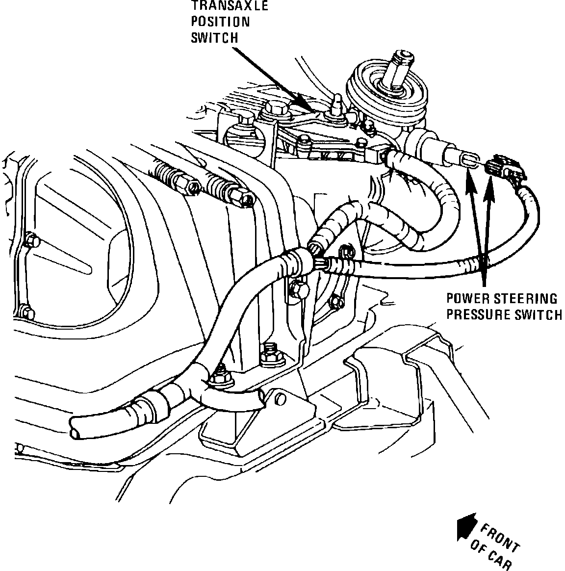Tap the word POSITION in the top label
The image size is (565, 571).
click(x=220, y=22)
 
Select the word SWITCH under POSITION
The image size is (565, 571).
click(x=214, y=38)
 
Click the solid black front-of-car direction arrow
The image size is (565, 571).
click(x=465, y=528)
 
